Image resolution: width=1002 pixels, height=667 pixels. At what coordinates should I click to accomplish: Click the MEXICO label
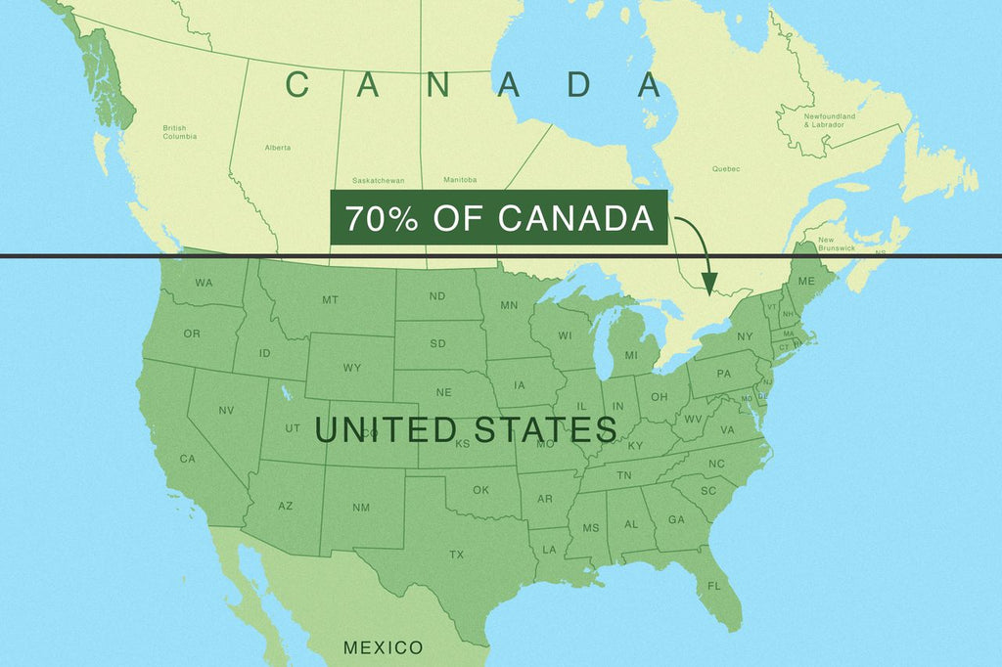(383, 647)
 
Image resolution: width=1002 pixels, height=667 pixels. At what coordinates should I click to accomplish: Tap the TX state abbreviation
(456, 555)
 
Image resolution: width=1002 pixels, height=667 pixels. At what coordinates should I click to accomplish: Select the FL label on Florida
(713, 586)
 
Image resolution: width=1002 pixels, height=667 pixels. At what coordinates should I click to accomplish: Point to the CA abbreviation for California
(188, 459)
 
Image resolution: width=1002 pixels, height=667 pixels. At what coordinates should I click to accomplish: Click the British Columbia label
(179, 132)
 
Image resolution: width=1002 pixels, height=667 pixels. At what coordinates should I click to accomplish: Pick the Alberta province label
(277, 148)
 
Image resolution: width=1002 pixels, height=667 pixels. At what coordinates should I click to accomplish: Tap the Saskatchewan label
(379, 180)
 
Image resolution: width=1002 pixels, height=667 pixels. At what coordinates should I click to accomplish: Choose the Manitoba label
(459, 180)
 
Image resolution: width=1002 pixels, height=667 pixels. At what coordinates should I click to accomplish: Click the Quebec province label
(726, 169)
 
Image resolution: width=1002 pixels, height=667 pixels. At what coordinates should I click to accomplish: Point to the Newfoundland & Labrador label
(830, 120)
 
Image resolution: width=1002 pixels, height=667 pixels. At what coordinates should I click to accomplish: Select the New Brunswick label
(837, 245)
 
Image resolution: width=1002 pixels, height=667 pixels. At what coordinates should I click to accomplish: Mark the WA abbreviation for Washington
(204, 284)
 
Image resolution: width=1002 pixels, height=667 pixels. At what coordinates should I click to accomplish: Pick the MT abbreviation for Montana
(330, 299)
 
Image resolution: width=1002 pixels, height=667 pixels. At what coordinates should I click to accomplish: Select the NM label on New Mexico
(361, 507)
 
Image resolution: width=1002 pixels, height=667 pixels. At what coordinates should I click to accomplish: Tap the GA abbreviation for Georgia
(676, 519)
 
